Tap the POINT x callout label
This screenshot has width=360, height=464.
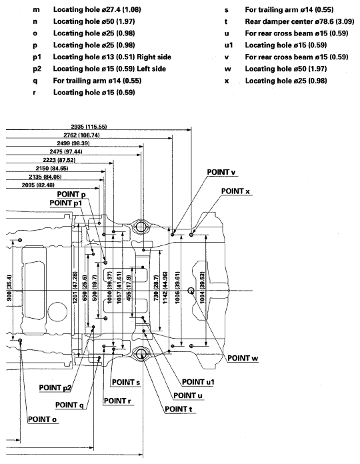[x=236, y=191]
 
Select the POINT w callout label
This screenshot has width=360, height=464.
[x=243, y=357]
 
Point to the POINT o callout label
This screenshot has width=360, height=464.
[x=41, y=420]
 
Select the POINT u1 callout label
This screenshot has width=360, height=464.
[x=200, y=382]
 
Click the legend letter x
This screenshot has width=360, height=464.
[x=227, y=81]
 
